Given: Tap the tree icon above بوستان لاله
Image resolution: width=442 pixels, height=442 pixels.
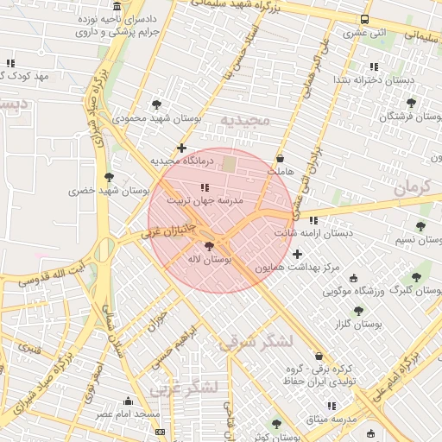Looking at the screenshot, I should click(209, 246).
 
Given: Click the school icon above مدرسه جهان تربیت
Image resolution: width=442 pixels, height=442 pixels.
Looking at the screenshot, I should click(205, 187).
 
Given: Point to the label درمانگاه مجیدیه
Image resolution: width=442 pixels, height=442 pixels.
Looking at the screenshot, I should click(179, 161).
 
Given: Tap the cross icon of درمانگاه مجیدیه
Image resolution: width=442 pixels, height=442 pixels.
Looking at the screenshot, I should click(181, 148).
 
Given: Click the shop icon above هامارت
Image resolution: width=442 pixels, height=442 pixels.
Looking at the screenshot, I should click(281, 159).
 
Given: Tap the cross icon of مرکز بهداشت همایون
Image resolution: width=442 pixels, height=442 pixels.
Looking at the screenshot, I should click(298, 254).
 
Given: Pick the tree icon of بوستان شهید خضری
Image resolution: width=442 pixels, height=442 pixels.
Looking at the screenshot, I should click(109, 177).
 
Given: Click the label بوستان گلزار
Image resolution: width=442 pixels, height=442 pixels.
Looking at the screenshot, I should click(357, 324).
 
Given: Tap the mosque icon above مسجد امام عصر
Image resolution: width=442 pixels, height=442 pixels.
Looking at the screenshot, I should click(129, 401).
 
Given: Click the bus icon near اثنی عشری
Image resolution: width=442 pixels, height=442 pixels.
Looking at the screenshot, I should click(365, 20).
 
